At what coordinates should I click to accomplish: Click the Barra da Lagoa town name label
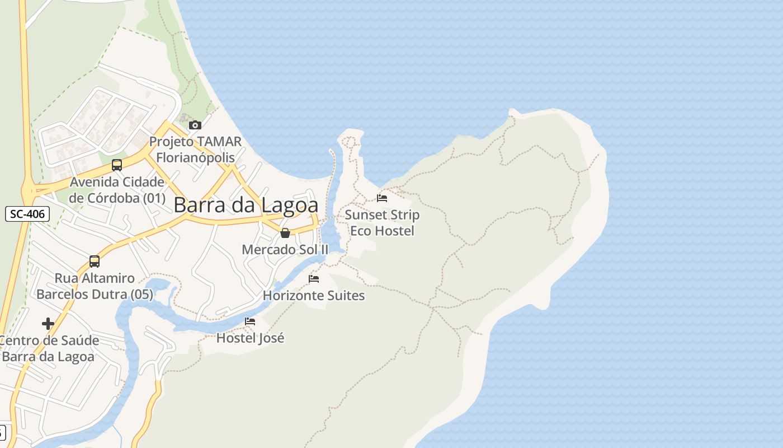tap(246, 205)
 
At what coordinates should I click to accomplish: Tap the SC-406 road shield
tap(27, 213)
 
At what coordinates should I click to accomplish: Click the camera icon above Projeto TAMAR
tap(195, 125)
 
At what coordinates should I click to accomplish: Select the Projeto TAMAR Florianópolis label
tap(195, 149)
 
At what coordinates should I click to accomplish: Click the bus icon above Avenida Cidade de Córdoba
tap(117, 165)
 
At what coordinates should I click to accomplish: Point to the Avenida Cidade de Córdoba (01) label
tap(117, 190)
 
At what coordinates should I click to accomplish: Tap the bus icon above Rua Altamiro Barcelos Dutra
tap(95, 262)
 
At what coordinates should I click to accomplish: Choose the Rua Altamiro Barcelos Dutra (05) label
tap(95, 286)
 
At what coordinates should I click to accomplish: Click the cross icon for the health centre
tap(48, 324)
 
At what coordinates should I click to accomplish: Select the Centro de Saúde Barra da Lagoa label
tap(49, 348)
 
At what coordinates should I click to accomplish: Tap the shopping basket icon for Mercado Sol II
tap(285, 233)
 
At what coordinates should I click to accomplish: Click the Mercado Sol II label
tap(285, 249)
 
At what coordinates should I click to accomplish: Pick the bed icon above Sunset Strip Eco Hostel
tap(382, 198)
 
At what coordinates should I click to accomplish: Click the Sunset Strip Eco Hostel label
tap(382, 222)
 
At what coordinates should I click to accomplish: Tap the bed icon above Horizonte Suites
tap(314, 279)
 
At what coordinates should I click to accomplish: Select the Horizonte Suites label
tap(314, 295)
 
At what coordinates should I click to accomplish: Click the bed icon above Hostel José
tap(250, 321)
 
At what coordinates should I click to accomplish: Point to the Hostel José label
tap(250, 338)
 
